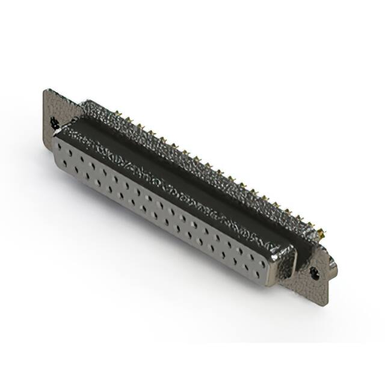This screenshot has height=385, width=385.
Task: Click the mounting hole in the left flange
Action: click(x=55, y=123)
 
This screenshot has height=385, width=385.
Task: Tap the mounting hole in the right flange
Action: click(x=314, y=272)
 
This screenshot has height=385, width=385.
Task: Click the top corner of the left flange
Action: click(x=46, y=90)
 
